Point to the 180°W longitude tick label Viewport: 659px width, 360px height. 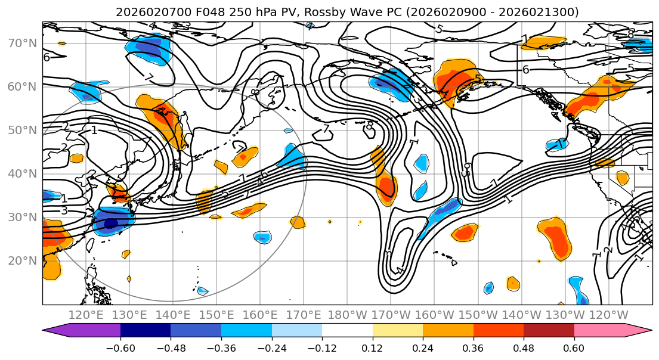(x=347, y=315)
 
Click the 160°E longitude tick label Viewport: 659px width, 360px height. (x=260, y=315)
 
